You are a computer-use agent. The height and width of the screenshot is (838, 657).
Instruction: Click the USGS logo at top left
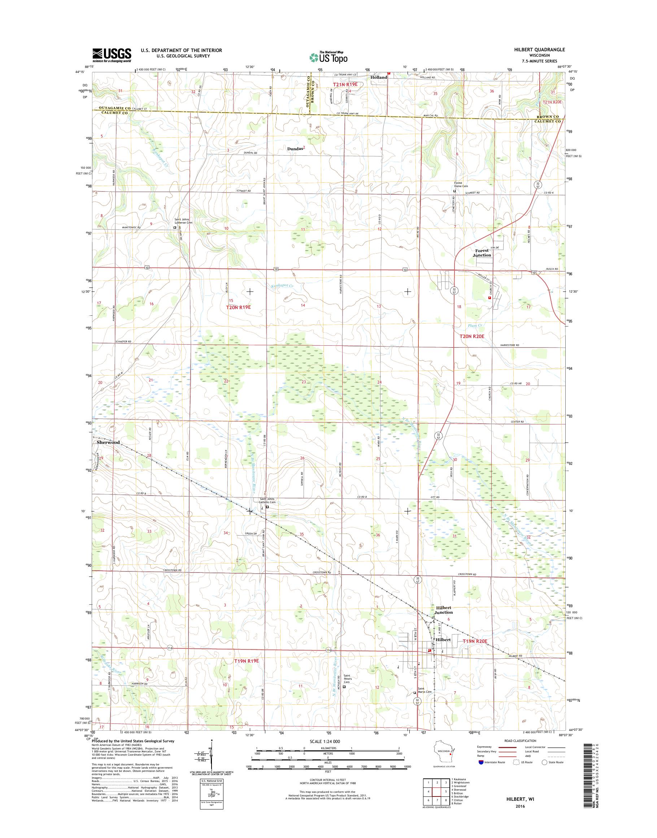coord(112,55)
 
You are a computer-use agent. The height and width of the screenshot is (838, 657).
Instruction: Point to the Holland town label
coord(379,77)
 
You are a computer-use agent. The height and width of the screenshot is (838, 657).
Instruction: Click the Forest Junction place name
coord(482,252)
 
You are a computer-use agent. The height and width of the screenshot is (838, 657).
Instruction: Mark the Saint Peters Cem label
coord(347,678)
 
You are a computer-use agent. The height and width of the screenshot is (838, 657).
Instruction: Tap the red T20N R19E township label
coord(239,307)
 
